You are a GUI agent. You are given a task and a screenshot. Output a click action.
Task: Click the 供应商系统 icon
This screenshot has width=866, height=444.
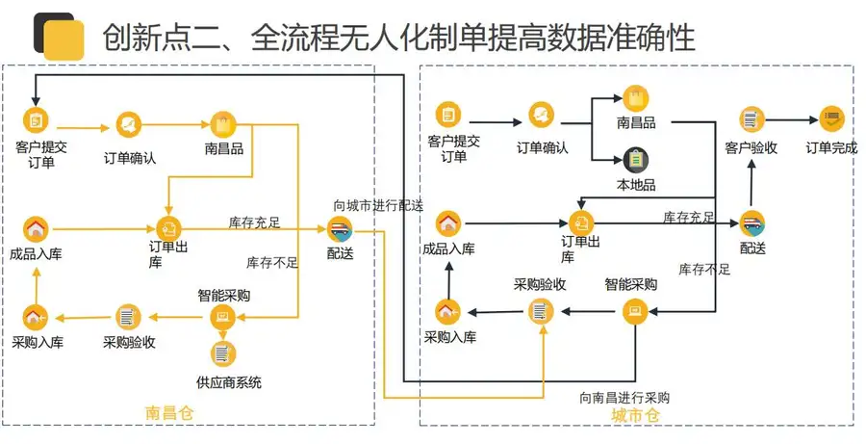pos(223,353)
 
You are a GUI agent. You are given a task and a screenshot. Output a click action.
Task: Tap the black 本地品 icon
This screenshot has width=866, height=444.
pos(636,160)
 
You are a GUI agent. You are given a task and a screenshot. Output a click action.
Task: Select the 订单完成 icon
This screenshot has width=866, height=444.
pos(831,118)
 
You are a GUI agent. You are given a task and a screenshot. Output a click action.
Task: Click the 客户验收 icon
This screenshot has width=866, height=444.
pos(751,119)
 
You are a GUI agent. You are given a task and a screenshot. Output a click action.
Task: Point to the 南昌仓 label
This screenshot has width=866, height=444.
pos(170,413)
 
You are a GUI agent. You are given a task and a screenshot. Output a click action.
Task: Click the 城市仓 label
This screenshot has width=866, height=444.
pos(636,415)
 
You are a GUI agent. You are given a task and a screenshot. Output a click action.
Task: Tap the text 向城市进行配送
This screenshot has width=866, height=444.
pos(378,206)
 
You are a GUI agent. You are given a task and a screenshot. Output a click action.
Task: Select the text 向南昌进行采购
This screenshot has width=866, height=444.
pos(624,398)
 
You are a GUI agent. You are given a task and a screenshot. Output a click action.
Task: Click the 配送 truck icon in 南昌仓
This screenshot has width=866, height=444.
pos(340,229)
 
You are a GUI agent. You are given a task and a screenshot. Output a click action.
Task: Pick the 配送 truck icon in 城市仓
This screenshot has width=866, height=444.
pos(752,223)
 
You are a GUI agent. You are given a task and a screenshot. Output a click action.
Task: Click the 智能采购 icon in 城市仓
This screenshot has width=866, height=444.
pos(636,311)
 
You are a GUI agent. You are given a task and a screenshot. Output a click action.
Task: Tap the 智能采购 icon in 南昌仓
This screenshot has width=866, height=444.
pos(223,317)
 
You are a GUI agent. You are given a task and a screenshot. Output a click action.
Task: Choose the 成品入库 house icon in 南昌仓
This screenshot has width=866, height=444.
pos(36,229)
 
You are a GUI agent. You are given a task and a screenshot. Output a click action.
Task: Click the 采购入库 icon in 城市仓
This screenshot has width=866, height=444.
pos(448,311)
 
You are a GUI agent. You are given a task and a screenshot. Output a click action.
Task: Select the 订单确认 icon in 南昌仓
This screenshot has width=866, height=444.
pos(129,124)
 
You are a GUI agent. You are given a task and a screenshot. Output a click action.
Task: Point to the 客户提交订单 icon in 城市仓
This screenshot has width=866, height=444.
pos(448,115)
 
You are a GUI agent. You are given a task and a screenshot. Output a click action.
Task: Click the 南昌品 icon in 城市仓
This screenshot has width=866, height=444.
pos(636,98)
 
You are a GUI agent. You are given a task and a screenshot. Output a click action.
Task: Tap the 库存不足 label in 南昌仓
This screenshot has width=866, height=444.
pos(272,262)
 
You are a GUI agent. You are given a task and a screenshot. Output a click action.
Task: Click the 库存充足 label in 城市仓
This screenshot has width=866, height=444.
pos(689,218)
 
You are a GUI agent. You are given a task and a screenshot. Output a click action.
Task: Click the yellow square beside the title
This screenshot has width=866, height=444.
pos(64,40)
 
